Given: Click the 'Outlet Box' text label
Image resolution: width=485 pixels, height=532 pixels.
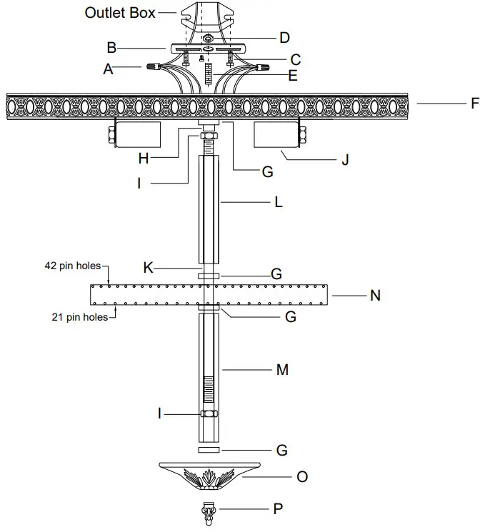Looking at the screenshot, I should (119, 13).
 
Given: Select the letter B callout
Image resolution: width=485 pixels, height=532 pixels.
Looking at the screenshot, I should (111, 49).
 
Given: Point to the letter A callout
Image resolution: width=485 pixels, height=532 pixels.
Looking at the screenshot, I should (109, 69).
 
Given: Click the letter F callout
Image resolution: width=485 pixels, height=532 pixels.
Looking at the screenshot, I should (474, 104).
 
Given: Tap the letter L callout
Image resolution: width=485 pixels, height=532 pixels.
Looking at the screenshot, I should (278, 202).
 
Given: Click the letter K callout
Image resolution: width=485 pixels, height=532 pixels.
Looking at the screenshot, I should (148, 268).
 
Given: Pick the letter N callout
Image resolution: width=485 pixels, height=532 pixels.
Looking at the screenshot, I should (375, 295).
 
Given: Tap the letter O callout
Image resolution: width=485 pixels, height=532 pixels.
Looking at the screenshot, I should (301, 476).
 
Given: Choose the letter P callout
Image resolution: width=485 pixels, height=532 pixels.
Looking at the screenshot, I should (278, 509).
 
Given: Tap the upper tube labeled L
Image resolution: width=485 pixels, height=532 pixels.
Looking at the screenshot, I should (209, 211).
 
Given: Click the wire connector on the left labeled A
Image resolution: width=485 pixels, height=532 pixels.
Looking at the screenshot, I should (153, 69).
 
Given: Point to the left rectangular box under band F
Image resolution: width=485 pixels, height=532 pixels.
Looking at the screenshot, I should (136, 133).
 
